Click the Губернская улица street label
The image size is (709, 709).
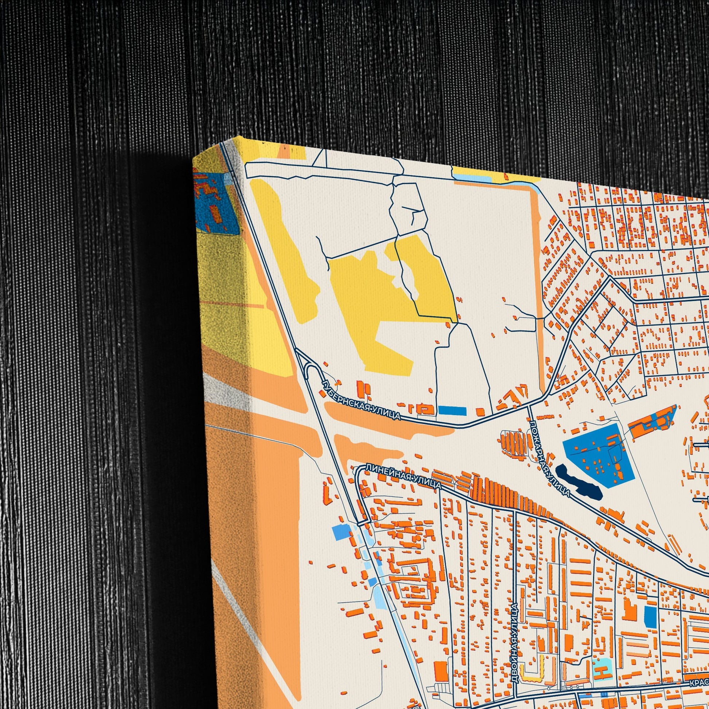361,400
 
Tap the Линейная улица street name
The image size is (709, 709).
404,477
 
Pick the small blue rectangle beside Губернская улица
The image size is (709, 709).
452,411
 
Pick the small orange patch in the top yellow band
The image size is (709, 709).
284,151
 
